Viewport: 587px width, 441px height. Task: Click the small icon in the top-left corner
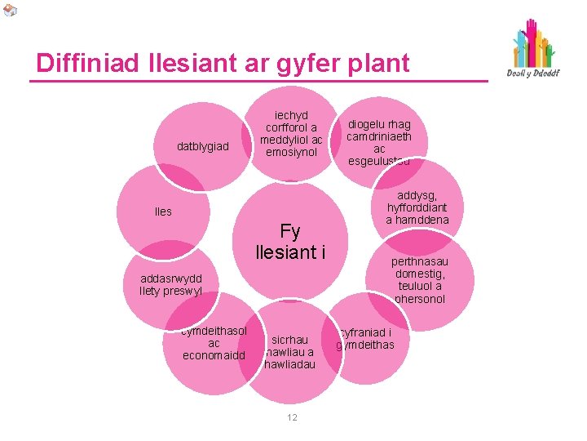(9, 11)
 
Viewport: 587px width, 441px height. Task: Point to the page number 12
(292, 417)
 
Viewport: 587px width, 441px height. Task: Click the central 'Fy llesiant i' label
(290, 242)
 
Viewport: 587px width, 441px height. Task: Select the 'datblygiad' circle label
(203, 147)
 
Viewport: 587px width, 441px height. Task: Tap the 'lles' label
(163, 212)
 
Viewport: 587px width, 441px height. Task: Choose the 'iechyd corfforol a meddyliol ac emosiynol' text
(291, 134)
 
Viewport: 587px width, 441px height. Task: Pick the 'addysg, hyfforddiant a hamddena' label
(417, 207)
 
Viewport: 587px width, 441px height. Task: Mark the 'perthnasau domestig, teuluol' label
(419, 280)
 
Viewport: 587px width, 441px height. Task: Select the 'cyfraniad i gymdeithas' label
(366, 338)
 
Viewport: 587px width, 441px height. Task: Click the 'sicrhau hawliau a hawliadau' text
(290, 352)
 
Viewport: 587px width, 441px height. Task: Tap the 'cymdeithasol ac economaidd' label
(214, 342)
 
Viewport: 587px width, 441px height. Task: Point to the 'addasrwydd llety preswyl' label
(171, 284)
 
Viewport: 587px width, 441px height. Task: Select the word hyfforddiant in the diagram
(417, 207)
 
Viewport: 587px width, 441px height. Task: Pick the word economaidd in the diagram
(214, 355)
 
